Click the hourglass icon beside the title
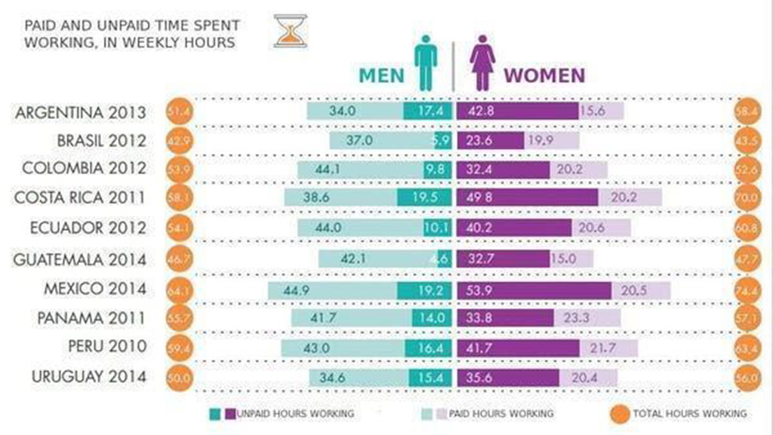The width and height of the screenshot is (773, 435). click(290, 30)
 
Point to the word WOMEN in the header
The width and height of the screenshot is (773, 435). click(544, 75)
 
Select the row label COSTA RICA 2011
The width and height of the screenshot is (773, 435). click(81, 198)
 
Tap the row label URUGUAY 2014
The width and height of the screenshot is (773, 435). click(88, 376)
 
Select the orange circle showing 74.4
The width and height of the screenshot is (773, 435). click(748, 289)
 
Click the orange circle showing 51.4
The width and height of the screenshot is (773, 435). click(180, 111)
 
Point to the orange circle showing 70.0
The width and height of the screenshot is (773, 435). click(748, 198)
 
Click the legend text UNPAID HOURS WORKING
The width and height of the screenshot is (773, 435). click(295, 413)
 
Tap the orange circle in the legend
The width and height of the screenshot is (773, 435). click(620, 413)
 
